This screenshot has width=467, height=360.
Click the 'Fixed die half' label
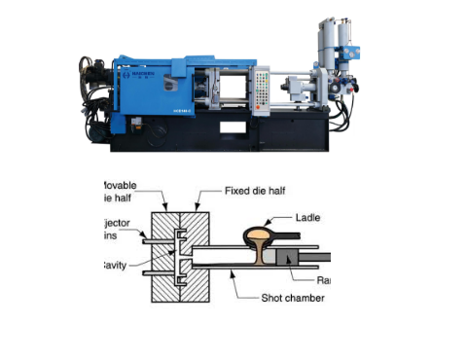(254, 190)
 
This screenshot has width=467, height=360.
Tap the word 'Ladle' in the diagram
(306, 218)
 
